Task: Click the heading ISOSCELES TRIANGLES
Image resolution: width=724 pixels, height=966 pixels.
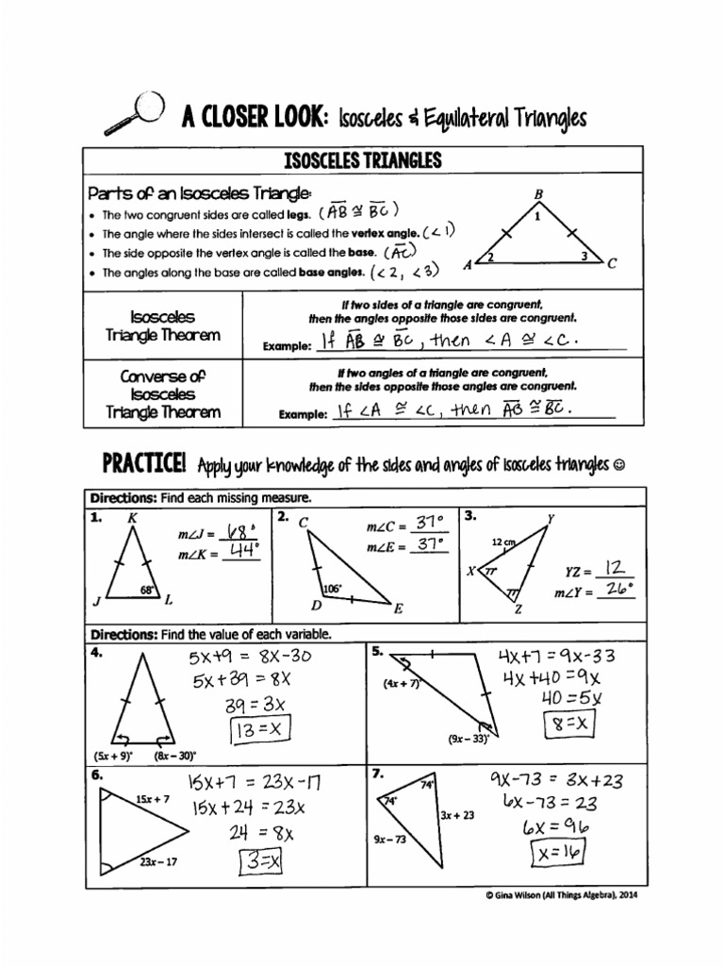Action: (x=363, y=161)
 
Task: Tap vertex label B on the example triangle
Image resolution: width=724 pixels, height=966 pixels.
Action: (x=538, y=195)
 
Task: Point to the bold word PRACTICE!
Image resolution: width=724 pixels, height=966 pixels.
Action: (x=143, y=464)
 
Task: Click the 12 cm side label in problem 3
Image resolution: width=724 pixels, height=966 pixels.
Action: (x=503, y=543)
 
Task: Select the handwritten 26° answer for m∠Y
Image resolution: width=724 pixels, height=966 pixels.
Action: (x=617, y=590)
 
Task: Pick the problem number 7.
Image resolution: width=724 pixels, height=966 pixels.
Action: (x=376, y=774)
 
